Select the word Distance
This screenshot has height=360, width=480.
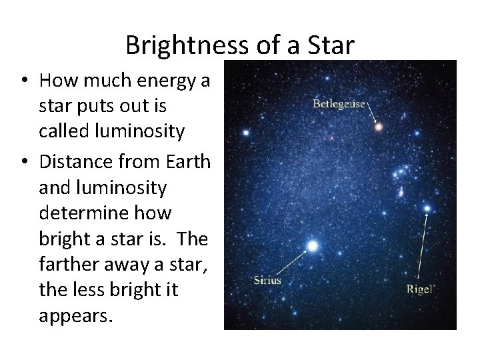(71, 162)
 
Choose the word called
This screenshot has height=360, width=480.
(62, 132)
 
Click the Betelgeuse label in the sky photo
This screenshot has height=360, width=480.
(340, 104)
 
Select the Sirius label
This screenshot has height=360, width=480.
(267, 280)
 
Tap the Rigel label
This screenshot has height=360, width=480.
(421, 289)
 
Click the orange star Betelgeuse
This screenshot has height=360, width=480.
(379, 126)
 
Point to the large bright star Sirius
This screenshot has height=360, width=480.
(311, 247)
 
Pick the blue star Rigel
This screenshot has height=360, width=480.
(427, 209)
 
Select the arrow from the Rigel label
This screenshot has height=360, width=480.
(423, 247)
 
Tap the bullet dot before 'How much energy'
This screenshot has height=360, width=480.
(23, 81)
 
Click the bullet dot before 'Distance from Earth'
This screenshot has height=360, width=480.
(23, 162)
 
